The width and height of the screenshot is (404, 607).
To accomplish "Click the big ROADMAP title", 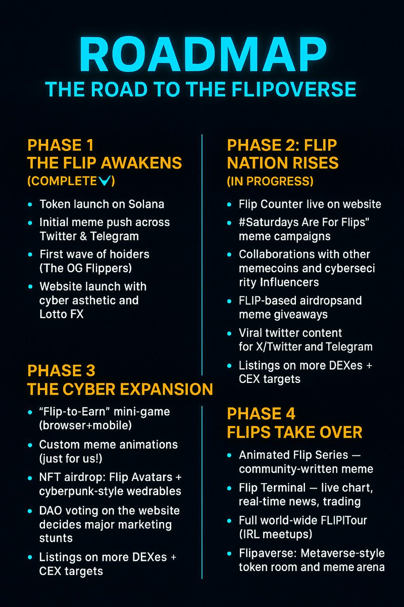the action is tap(203, 54).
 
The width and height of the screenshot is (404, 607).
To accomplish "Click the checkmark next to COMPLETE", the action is tap(105, 181).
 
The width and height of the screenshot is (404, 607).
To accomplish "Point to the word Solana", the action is tap(146, 204).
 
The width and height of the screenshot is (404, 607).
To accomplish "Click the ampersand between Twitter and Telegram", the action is tap(83, 236).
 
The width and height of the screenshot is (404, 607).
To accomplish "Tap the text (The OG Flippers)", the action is tap(85, 268).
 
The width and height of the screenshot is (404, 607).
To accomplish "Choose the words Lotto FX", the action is tap(62, 314).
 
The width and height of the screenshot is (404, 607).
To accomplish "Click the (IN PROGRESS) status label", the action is tap(270, 181).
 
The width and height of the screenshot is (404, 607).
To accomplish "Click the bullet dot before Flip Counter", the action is tap(229, 204).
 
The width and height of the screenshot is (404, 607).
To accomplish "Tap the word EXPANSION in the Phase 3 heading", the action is tap(167, 389).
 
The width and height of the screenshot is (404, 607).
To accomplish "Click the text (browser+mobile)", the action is tap(85, 425).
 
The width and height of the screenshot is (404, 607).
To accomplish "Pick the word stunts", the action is tap(56, 538).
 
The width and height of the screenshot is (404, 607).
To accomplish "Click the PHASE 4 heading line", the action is tap(261, 414).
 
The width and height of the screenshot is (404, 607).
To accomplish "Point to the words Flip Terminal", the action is tap(272, 488).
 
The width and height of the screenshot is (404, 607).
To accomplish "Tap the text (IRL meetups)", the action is tap(275, 534).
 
